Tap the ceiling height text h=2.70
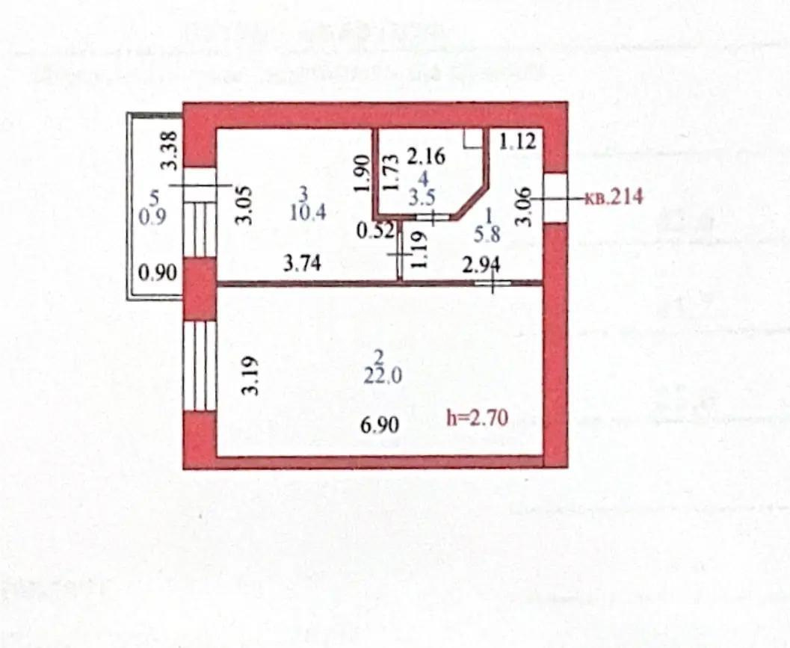[x=478, y=418]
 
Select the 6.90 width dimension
[x=379, y=425]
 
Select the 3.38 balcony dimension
[x=170, y=149]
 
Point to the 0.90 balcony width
[x=159, y=273]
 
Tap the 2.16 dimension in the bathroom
[x=426, y=157]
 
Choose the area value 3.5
[x=423, y=199]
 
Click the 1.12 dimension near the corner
[x=518, y=140]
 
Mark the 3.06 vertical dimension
[x=524, y=206]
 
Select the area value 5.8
[x=491, y=234]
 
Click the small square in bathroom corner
[x=473, y=138]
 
